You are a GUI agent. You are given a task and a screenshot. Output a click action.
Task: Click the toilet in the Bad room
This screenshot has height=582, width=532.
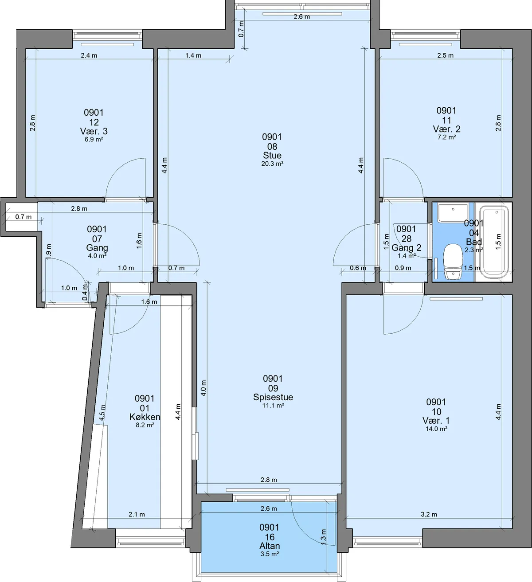453,261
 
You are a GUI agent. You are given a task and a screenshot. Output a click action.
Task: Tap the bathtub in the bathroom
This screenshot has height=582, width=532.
494,242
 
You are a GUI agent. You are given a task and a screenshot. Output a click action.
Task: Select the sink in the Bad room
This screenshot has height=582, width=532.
453,214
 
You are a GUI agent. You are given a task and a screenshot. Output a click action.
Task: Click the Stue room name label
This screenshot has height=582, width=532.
272,155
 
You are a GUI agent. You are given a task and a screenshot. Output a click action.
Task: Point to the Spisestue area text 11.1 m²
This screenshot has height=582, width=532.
273,405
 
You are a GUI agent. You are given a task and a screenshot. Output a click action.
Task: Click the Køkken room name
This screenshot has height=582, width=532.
145,417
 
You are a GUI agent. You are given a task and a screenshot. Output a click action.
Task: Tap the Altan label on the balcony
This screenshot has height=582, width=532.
270,546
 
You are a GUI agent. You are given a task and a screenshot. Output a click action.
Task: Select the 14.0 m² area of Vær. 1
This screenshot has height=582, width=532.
436,429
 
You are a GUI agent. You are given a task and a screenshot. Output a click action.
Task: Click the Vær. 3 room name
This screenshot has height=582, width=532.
94,131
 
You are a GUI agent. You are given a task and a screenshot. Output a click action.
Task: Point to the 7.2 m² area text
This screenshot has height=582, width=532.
446,137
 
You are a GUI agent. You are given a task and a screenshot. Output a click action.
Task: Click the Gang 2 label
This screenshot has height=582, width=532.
406,247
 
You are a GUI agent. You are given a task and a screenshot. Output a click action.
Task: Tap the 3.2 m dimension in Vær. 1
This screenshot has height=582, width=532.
429,514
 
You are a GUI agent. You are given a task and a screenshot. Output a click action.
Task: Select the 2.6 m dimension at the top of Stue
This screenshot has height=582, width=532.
301,16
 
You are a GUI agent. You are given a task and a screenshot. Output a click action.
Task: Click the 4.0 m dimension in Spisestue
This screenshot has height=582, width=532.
203,388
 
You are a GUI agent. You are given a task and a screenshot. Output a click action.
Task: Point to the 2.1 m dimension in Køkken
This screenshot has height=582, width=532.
137,514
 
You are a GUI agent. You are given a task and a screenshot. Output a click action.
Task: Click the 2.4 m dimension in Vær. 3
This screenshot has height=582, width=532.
89,55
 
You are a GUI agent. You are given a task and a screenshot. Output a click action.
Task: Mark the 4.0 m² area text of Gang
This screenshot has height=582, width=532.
97,256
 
